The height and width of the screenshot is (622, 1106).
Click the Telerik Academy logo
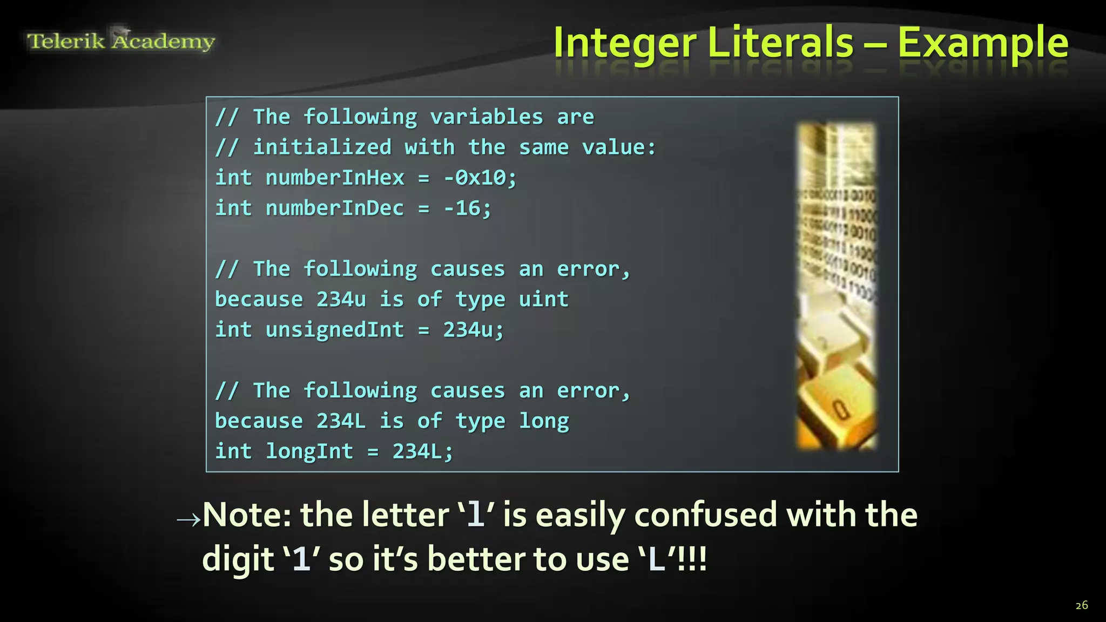121,40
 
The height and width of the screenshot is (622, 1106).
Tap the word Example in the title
983,43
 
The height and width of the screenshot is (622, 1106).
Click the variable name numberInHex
335,178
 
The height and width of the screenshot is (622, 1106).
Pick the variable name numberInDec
335,208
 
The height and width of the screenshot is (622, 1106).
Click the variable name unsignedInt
335,330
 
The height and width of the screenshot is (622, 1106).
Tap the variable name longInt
309,452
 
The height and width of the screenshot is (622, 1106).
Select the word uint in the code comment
544,299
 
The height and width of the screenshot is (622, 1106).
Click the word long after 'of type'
544,421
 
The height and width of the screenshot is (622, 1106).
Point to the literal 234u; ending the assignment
474,330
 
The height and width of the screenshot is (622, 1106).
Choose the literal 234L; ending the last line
423,452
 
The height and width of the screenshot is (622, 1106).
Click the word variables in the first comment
487,117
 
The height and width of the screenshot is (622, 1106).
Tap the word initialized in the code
322,147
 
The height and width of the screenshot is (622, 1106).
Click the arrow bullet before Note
188,519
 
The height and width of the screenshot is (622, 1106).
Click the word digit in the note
238,559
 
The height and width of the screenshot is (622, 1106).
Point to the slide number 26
1081,605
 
